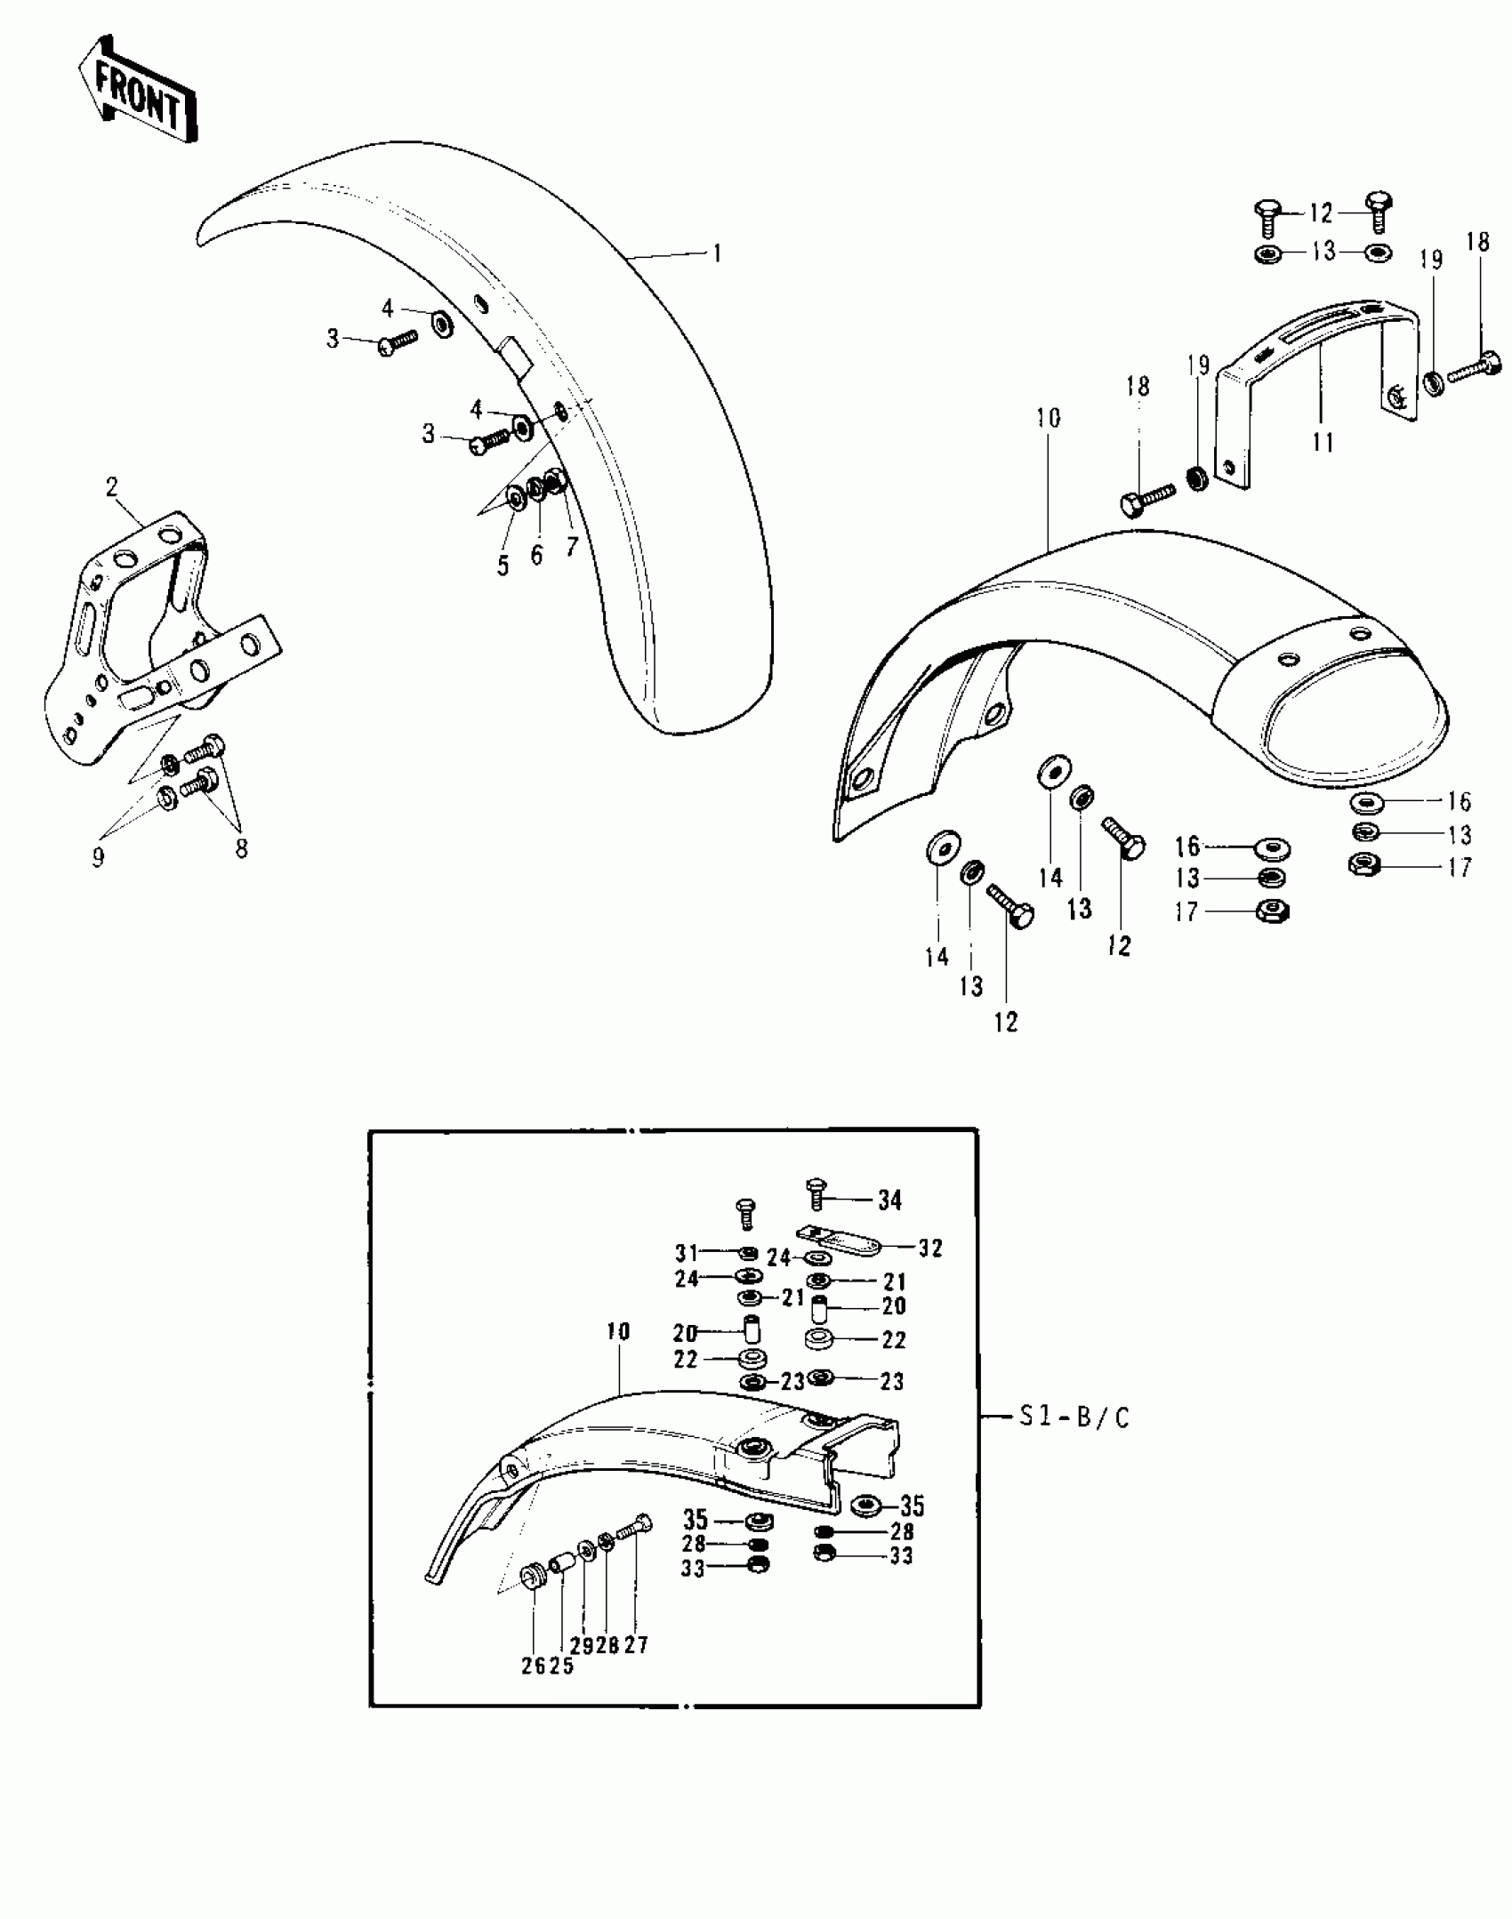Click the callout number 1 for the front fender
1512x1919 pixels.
(x=717, y=253)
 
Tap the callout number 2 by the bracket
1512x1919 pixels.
(x=111, y=486)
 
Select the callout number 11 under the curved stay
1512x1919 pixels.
(x=1323, y=442)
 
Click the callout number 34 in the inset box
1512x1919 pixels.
(x=889, y=1200)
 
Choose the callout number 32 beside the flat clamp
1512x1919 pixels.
(x=930, y=1249)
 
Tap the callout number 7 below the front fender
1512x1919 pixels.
(x=572, y=545)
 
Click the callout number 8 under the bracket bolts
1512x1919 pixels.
(x=241, y=848)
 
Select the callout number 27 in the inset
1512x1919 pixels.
(x=636, y=1645)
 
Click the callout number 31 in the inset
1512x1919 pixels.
(x=687, y=1254)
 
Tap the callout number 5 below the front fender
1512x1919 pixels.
(x=503, y=565)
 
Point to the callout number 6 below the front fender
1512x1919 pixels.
(x=536, y=554)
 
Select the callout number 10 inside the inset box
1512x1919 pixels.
(x=618, y=1331)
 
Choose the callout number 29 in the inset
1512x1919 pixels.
(x=582, y=1645)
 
